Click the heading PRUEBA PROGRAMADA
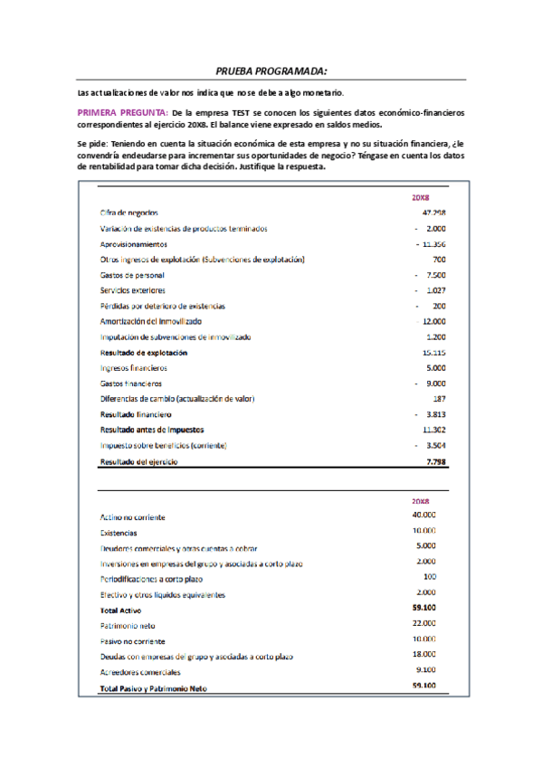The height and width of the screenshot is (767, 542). (271, 71)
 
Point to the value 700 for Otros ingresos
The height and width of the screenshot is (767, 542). (439, 260)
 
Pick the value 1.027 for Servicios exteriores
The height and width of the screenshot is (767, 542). (434, 290)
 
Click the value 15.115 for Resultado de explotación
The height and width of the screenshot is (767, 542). (433, 352)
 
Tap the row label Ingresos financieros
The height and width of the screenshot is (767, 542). (134, 368)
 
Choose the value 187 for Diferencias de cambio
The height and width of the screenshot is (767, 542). (439, 399)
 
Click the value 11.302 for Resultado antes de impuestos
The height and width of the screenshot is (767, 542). (433, 430)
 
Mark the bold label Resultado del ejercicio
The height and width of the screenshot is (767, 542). (139, 461)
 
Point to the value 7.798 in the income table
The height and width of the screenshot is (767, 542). (435, 461)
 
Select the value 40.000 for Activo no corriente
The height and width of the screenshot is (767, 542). (423, 515)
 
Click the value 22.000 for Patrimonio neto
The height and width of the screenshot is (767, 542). (423, 624)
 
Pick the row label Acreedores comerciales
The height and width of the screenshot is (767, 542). (140, 672)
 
